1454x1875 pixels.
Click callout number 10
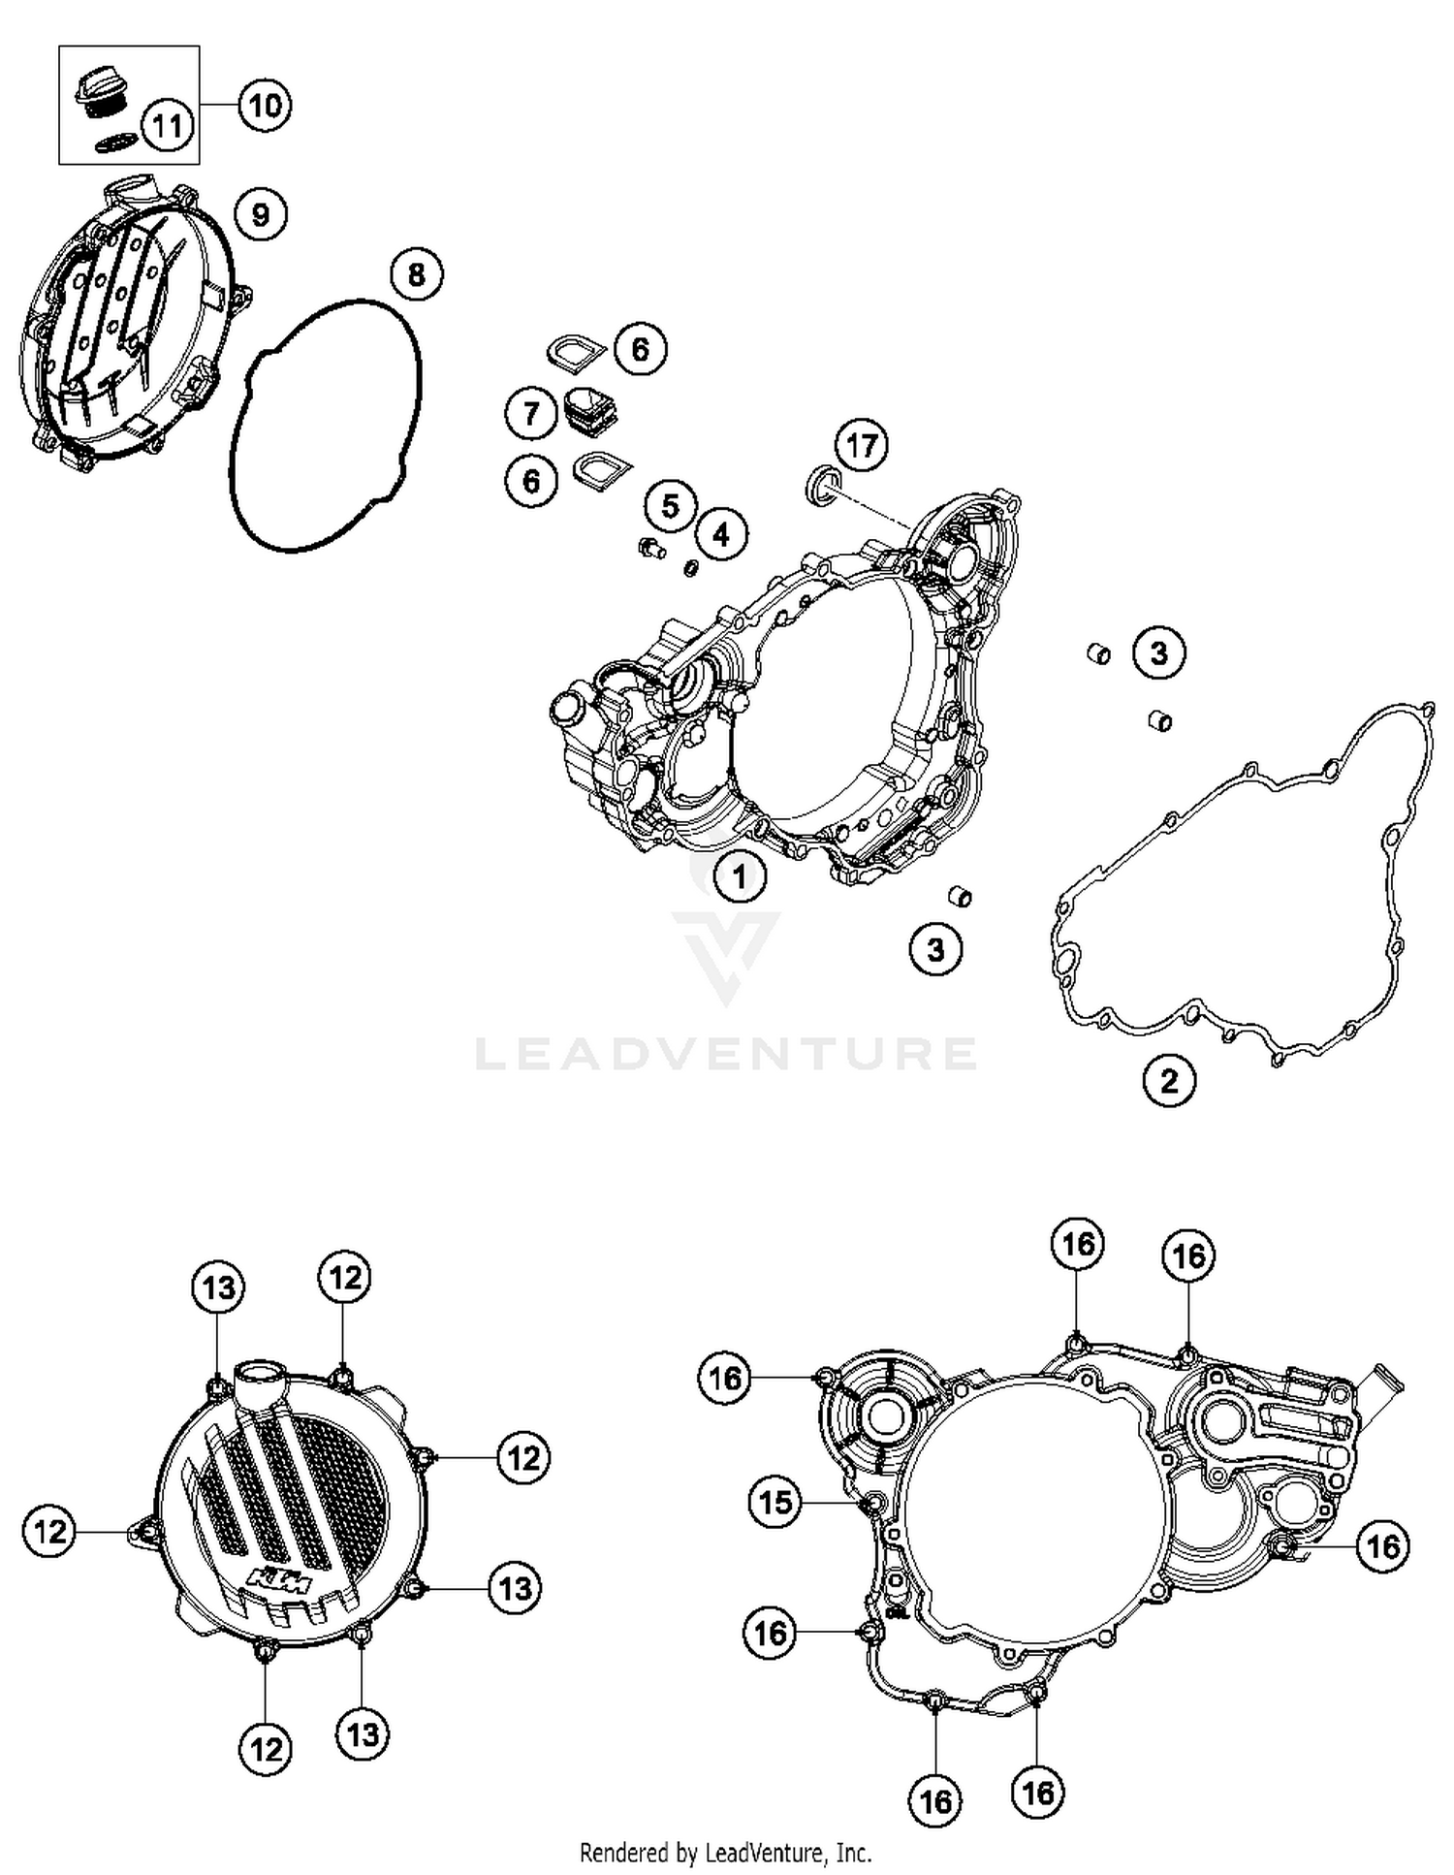[265, 105]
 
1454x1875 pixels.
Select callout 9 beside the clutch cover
[260, 213]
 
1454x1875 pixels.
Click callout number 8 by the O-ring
[416, 275]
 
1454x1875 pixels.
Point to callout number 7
[530, 415]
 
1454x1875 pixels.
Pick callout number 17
[862, 446]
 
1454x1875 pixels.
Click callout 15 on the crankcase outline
[774, 1503]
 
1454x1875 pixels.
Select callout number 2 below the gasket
[1169, 1080]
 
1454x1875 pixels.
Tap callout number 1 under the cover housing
[740, 877]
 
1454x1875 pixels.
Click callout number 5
[670, 505]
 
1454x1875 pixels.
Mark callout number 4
[720, 533]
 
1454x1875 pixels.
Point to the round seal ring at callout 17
[821, 483]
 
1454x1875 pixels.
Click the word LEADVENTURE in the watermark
[725, 1054]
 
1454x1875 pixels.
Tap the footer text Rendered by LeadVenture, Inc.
[725, 1853]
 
